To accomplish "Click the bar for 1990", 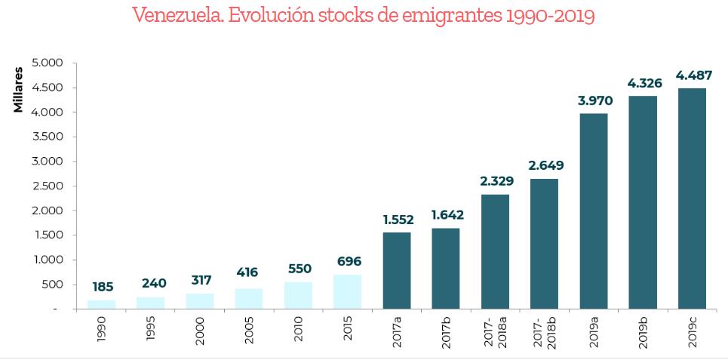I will click(101, 304).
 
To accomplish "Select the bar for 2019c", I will click(692, 198).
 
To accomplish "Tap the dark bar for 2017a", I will click(396, 270).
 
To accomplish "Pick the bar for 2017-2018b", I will click(544, 244).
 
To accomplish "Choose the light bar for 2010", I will click(298, 295).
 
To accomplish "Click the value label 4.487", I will click(692, 75).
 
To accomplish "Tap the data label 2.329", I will click(495, 181).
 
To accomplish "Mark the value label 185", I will click(102, 287).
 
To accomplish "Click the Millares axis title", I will click(18, 90).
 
